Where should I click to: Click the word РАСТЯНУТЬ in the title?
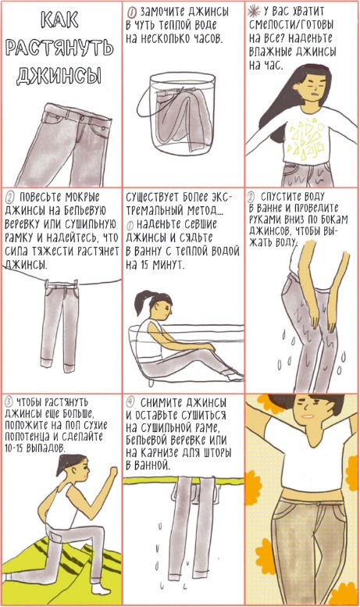[x=60, y=48]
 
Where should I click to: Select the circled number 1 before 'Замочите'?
[x=132, y=12]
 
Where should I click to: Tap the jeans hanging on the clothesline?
[x=60, y=326]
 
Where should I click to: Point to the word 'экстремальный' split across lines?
[x=178, y=204]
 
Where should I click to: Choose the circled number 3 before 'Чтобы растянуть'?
[x=10, y=402]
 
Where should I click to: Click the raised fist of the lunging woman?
[x=112, y=473]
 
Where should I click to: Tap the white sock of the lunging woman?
[x=102, y=589]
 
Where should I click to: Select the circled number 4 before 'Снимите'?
[x=130, y=402]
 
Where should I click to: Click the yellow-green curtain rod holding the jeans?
[x=184, y=480]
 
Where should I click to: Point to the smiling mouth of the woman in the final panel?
[x=307, y=416]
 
